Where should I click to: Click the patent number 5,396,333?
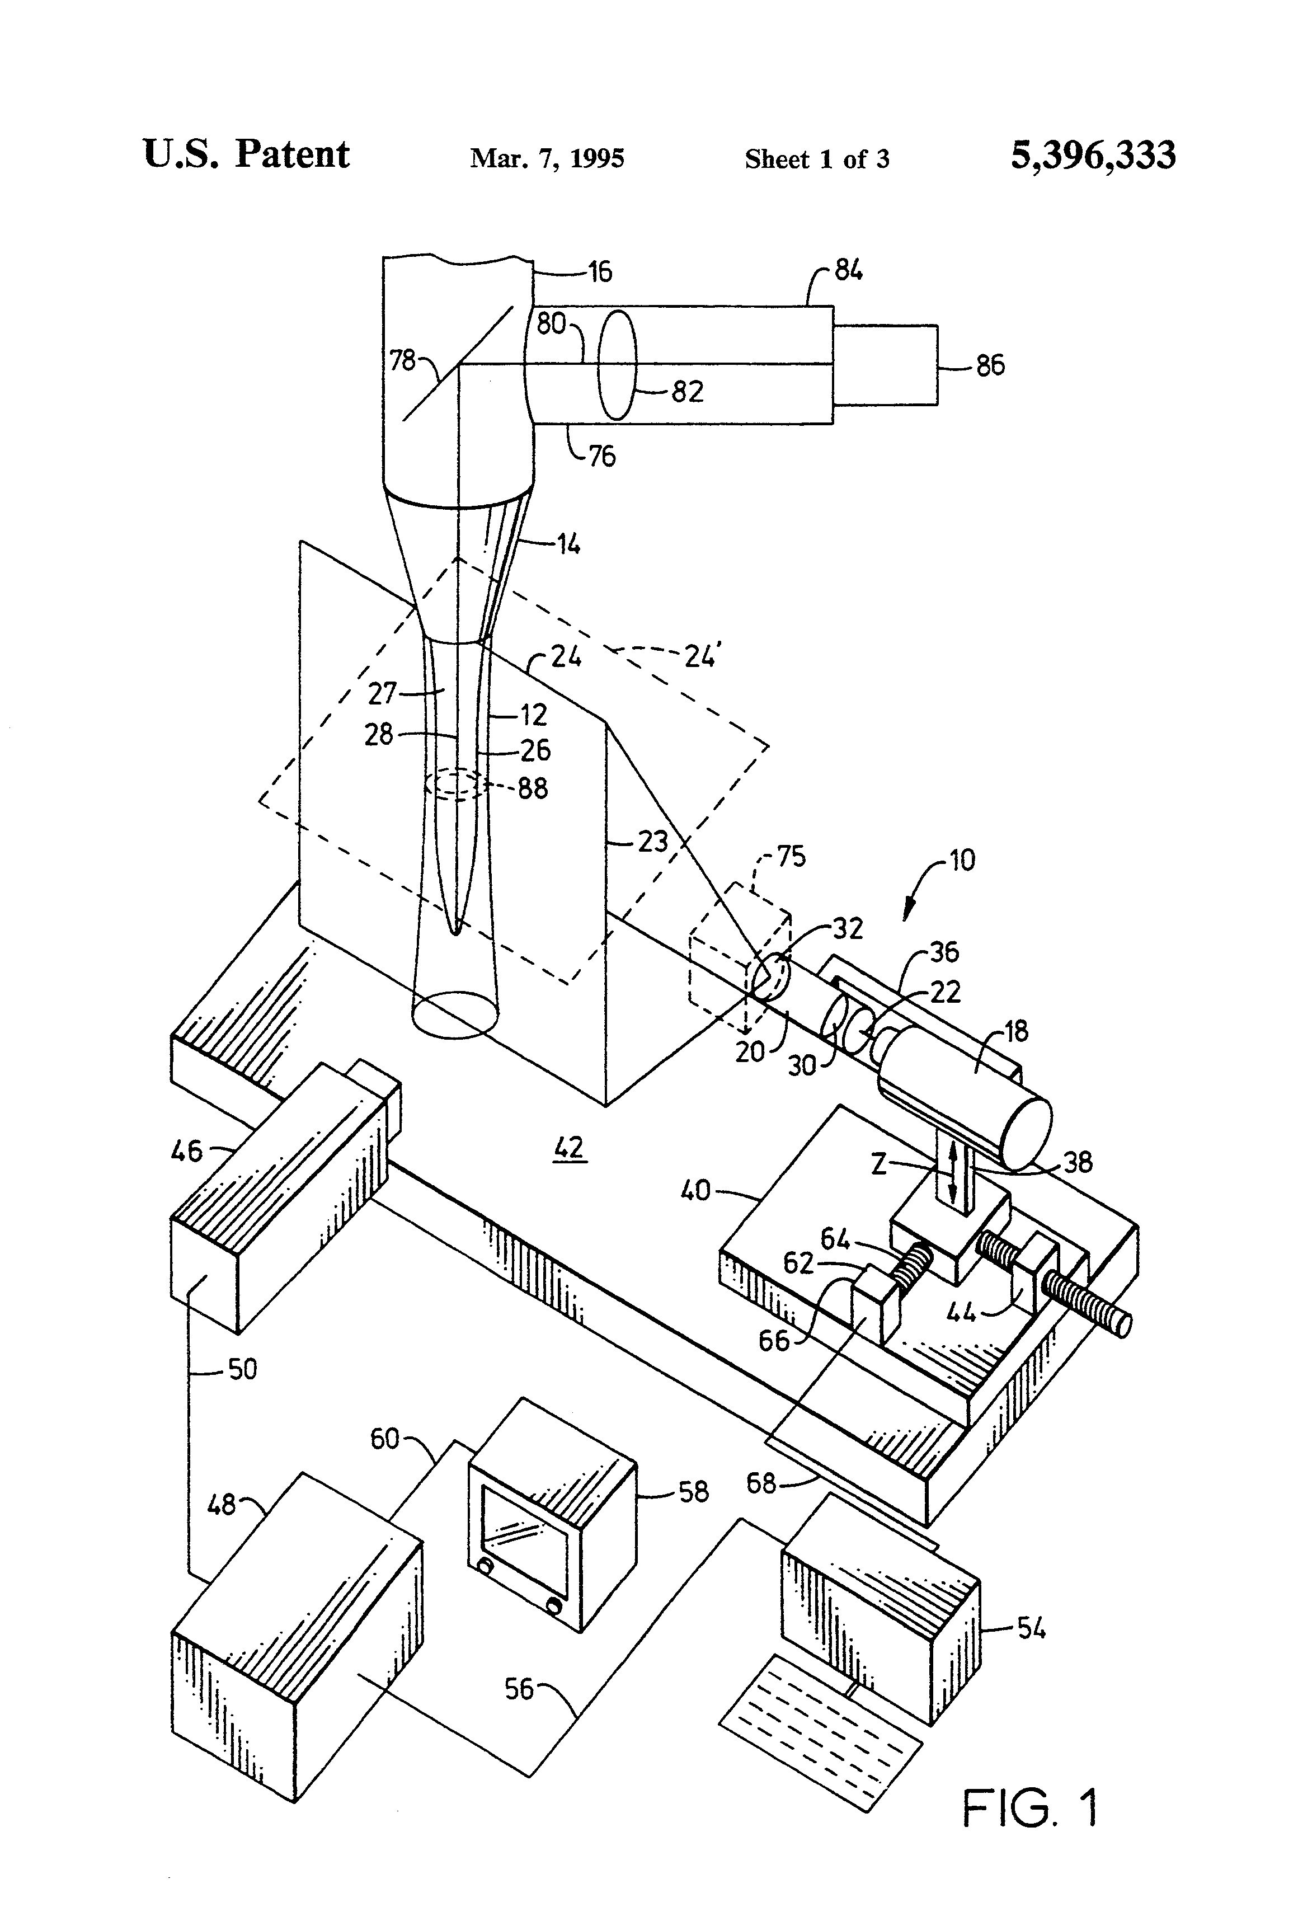click(x=1092, y=155)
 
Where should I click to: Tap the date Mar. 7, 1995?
click(x=547, y=158)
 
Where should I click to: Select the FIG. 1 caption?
click(x=1029, y=1809)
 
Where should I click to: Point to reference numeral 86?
click(x=990, y=365)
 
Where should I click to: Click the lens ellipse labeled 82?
click(x=617, y=364)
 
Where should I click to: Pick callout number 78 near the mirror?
click(x=402, y=359)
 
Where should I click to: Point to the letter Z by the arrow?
click(x=879, y=1163)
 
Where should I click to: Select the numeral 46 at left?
click(x=187, y=1150)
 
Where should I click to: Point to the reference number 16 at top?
click(x=600, y=271)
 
